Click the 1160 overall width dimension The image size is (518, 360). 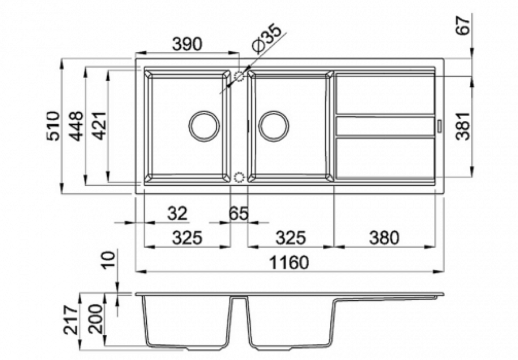pyautogui.click(x=289, y=262)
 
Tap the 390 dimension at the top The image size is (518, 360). pyautogui.click(x=186, y=44)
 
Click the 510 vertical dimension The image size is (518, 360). pyautogui.click(x=53, y=126)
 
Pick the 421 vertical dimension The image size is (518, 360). pyautogui.click(x=99, y=126)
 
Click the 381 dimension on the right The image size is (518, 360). pyautogui.click(x=463, y=127)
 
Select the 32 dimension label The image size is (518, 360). pyautogui.click(x=177, y=213)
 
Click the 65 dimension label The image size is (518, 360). pyautogui.click(x=238, y=213)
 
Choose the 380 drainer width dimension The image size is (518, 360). pyautogui.click(x=384, y=238)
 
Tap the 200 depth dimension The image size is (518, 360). pyautogui.click(x=96, y=319)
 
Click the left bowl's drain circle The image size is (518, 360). pyautogui.click(x=204, y=126)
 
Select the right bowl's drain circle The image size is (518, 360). pyautogui.click(x=274, y=126)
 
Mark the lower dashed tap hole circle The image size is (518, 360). pyautogui.click(x=238, y=178)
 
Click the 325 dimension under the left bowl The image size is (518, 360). pyautogui.click(x=187, y=238)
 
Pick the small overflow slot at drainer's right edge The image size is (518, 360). pyautogui.click(x=440, y=126)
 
